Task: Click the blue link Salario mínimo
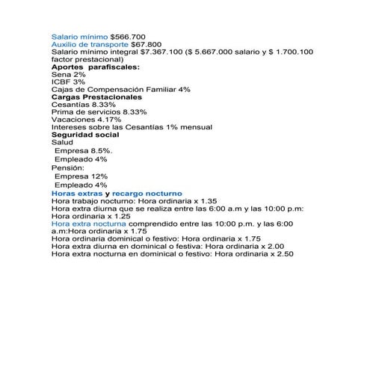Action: (79, 36)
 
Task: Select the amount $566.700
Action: (128, 36)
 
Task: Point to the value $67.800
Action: (146, 44)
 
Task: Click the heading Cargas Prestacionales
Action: (96, 97)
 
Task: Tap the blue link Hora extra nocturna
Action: (88, 223)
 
